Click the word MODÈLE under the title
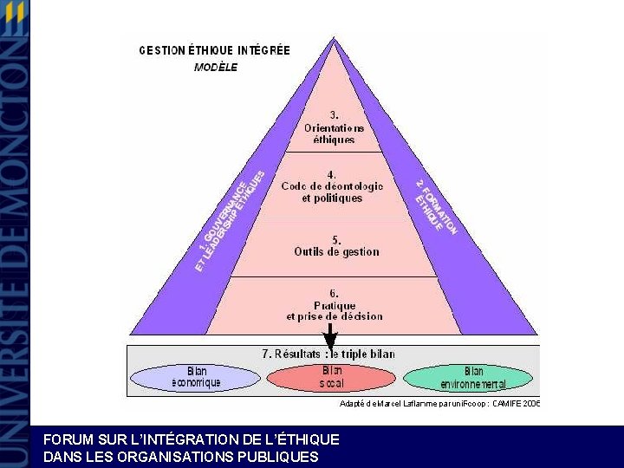point(216,67)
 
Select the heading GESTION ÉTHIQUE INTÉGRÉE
point(214,50)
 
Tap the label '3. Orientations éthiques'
point(334,127)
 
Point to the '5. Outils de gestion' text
point(336,245)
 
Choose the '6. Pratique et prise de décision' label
point(335,305)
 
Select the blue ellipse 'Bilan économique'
point(196,377)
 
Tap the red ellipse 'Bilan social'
point(331,377)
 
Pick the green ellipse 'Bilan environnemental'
point(472,377)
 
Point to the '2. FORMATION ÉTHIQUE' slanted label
point(436,206)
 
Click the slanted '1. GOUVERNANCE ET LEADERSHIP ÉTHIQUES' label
point(230,221)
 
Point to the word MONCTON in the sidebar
point(14,113)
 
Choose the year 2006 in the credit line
point(531,403)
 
